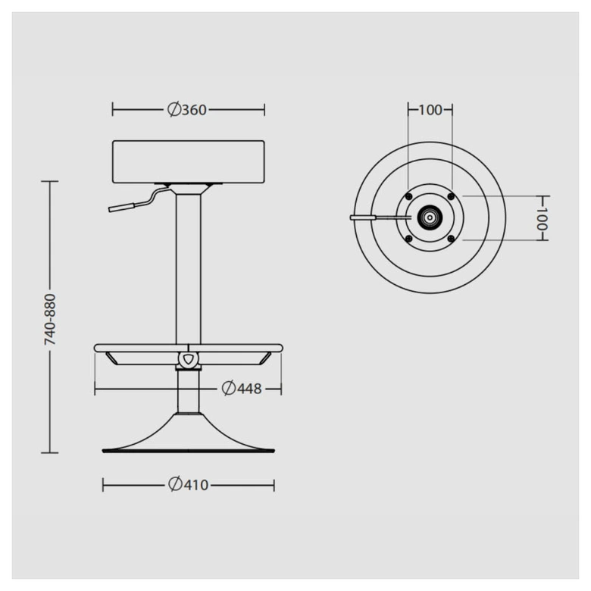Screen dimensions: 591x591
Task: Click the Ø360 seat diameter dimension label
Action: click(187, 110)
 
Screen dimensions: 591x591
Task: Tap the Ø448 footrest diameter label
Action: click(242, 388)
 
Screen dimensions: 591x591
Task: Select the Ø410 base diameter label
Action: click(188, 485)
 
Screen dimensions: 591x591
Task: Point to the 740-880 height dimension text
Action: click(50, 320)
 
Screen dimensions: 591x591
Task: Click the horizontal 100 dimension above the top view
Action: click(430, 110)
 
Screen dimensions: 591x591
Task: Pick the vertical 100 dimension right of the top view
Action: click(542, 218)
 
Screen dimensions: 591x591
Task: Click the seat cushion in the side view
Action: click(189, 161)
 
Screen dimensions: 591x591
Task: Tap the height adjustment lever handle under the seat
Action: click(121, 208)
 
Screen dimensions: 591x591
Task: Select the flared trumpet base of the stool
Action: click(189, 433)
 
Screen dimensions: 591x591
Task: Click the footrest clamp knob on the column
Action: click(188, 359)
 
